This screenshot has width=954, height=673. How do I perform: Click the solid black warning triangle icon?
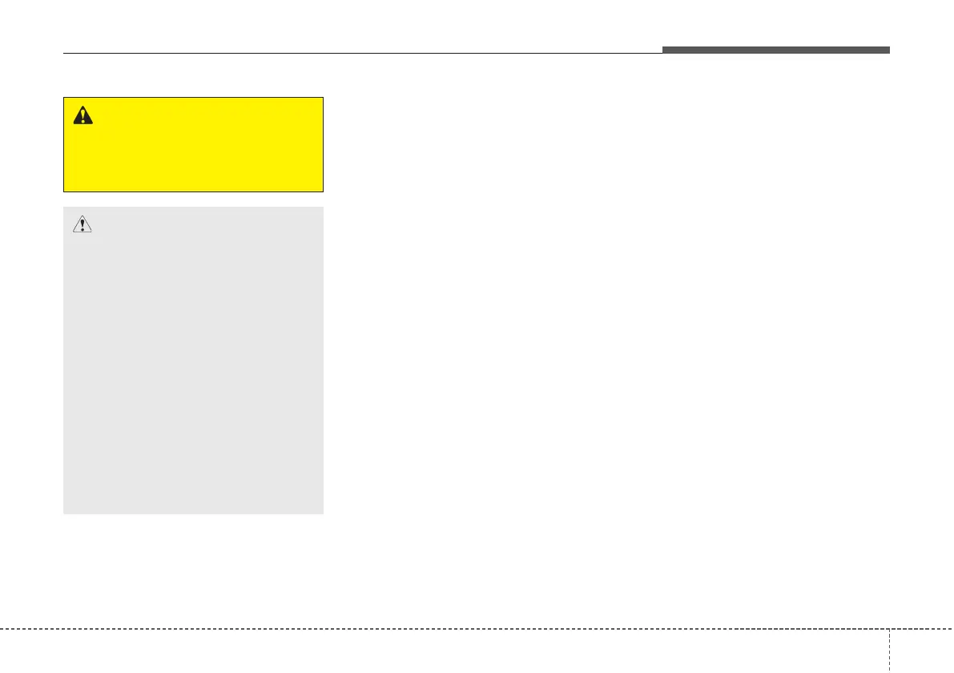(x=83, y=115)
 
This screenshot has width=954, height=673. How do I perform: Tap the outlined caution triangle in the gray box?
(x=82, y=224)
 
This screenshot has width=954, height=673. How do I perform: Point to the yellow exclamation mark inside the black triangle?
(x=83, y=117)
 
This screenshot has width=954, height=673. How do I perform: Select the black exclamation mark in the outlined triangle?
(x=82, y=225)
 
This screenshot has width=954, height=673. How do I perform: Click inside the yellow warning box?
(x=193, y=152)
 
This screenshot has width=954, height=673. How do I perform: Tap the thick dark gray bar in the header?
(x=775, y=50)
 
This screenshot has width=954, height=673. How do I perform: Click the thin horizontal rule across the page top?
(x=360, y=54)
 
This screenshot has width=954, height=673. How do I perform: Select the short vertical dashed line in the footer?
(x=889, y=650)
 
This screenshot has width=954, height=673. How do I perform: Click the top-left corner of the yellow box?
(x=64, y=98)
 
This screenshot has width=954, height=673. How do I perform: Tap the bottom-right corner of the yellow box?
(x=323, y=191)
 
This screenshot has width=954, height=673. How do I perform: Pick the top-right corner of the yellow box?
(x=323, y=98)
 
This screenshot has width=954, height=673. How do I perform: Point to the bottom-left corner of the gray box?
(x=64, y=514)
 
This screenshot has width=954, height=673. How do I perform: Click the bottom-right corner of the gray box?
(x=323, y=514)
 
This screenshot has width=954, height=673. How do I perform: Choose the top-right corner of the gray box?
(x=323, y=208)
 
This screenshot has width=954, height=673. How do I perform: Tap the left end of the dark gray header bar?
(x=663, y=50)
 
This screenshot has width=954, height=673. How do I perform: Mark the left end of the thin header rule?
(x=64, y=54)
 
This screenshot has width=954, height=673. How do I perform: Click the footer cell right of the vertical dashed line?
(x=921, y=651)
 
